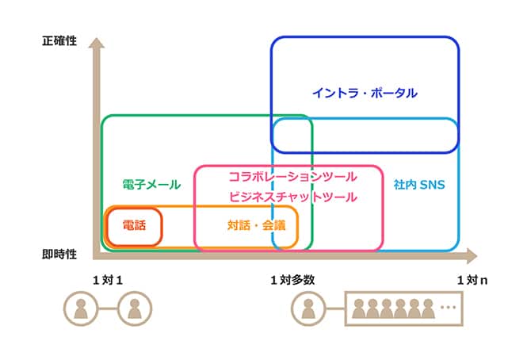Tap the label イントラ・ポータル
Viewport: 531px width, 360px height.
[365, 93]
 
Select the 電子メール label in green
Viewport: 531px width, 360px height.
[151, 185]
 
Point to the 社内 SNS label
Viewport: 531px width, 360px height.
[419, 185]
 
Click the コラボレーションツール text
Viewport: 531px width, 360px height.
[292, 175]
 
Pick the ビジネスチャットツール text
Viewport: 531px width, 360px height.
[292, 196]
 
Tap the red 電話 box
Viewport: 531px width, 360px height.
[134, 225]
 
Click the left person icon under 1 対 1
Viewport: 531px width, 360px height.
[79, 308]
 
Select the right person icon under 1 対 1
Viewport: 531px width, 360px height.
[134, 308]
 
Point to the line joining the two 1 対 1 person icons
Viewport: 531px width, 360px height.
[107, 308]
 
